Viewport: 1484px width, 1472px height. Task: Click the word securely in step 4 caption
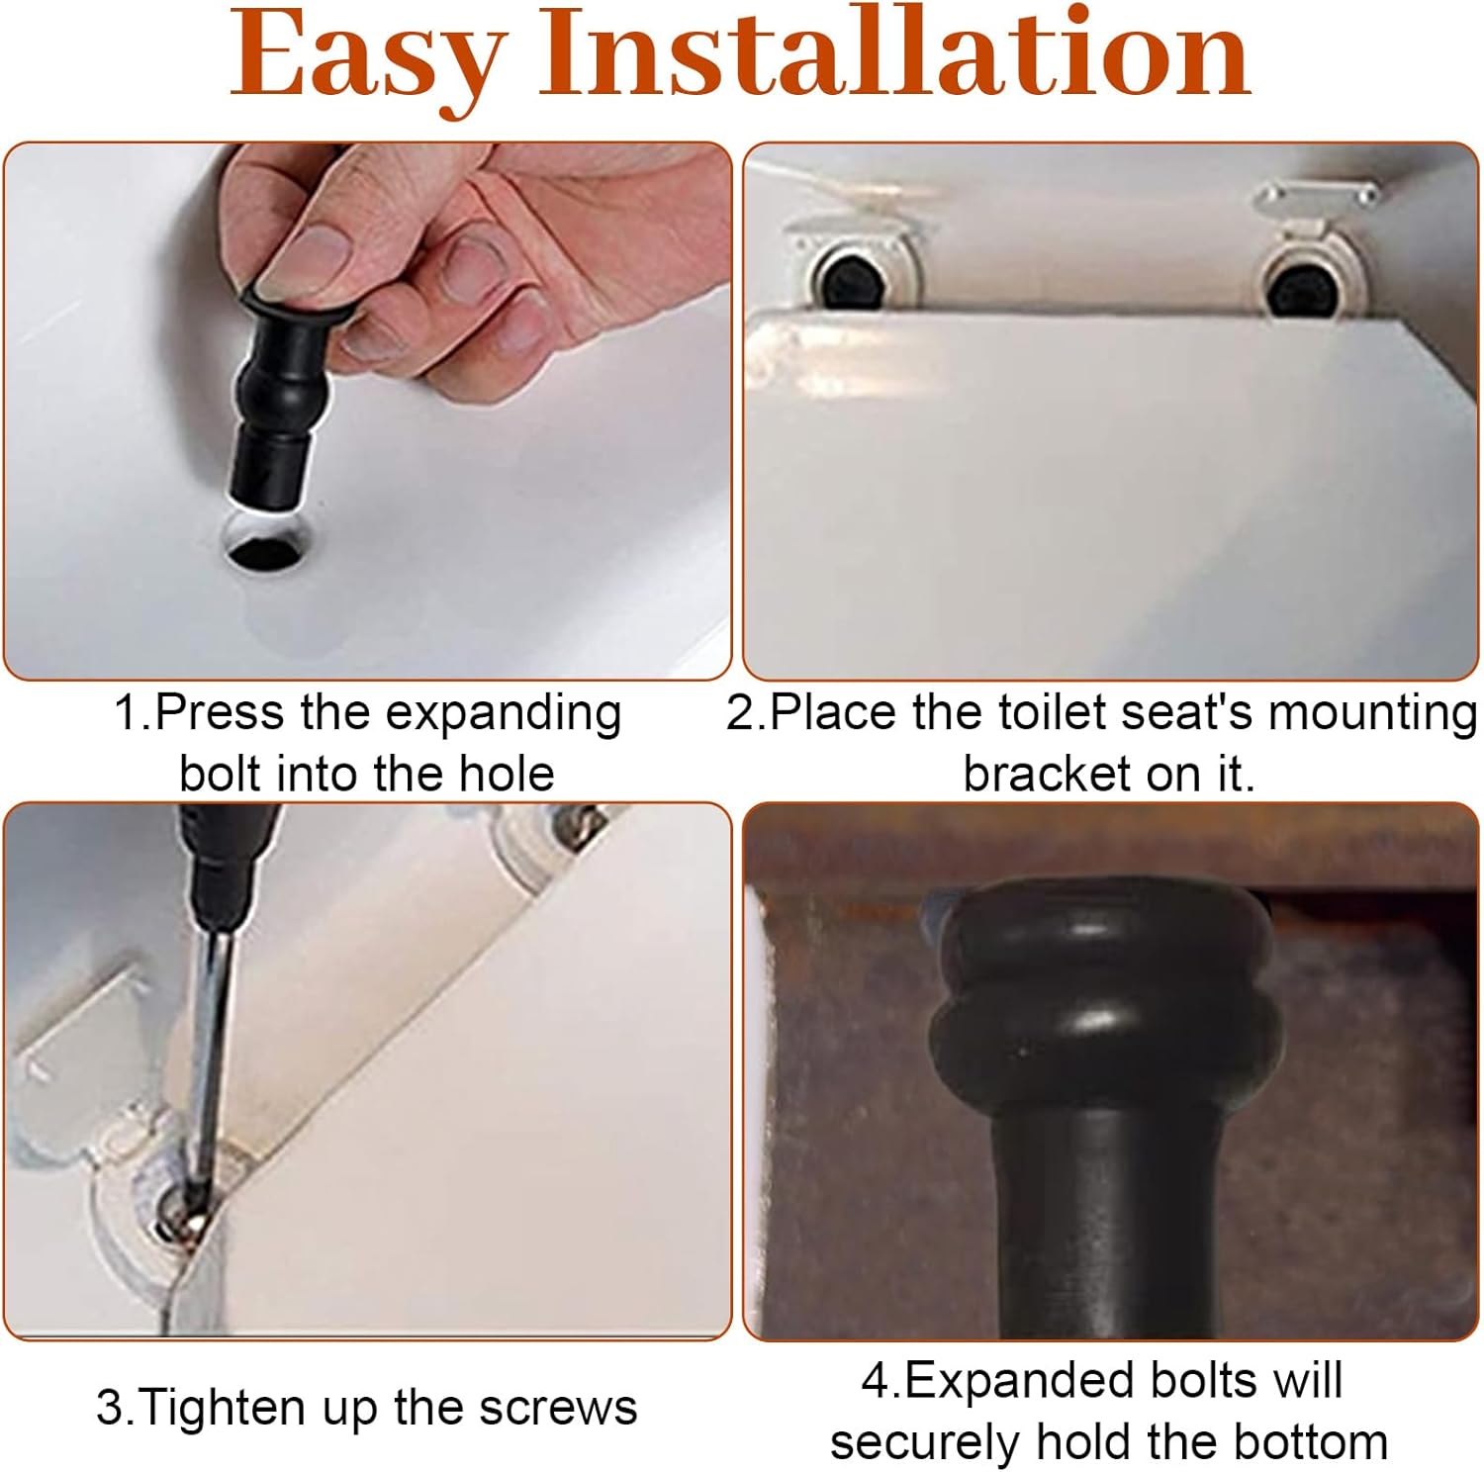coord(926,1442)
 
